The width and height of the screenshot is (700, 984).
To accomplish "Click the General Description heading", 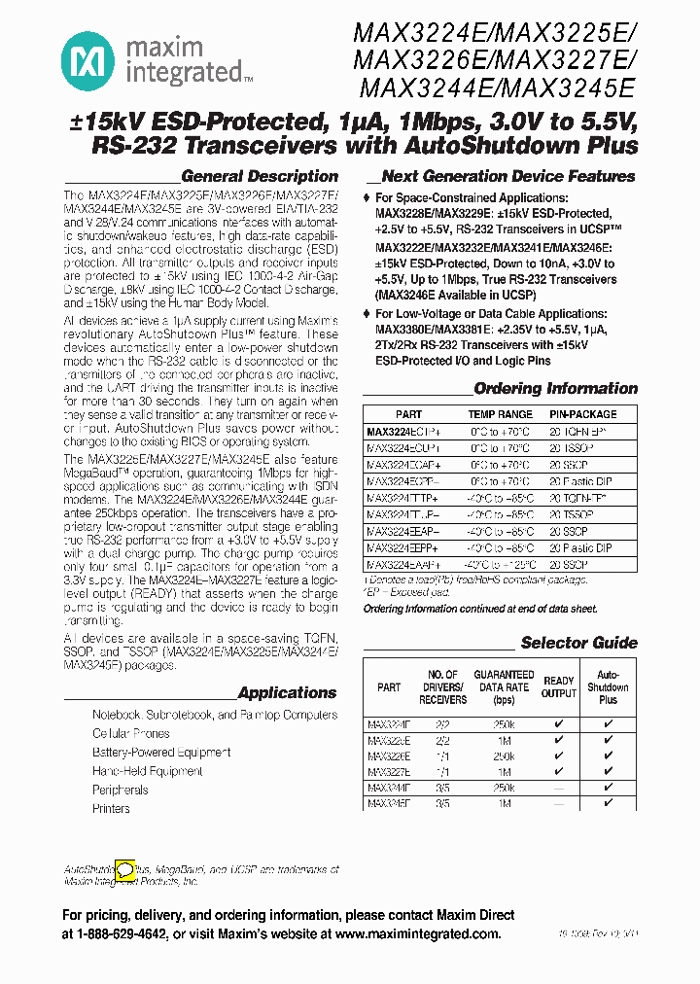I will pyautogui.click(x=260, y=177).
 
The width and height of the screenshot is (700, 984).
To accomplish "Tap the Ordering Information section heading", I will pyautogui.click(x=555, y=389).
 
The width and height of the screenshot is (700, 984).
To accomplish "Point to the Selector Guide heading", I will pyautogui.click(x=578, y=643).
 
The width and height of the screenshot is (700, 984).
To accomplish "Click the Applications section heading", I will pyautogui.click(x=287, y=693).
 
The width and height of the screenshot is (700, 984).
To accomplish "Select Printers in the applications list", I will pyautogui.click(x=111, y=808).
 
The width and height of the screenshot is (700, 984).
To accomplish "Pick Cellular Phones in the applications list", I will pyautogui.click(x=131, y=733).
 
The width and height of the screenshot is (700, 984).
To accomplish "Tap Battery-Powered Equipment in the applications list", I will pyautogui.click(x=161, y=753).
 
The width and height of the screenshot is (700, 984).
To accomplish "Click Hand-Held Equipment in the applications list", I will pyautogui.click(x=148, y=771).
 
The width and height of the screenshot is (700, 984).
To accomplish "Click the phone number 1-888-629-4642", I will pyautogui.click(x=125, y=933).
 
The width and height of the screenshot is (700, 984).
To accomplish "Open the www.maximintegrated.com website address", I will pyautogui.click(x=417, y=933).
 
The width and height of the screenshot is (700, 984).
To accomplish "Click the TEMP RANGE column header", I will pyautogui.click(x=501, y=414).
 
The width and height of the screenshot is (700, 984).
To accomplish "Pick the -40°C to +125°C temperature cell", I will pyautogui.click(x=501, y=564).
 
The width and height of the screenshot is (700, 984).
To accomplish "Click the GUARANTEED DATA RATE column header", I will pyautogui.click(x=503, y=686).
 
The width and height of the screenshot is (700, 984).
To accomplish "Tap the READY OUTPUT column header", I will pyautogui.click(x=558, y=686).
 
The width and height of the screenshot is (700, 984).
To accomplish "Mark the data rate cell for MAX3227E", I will pyautogui.click(x=503, y=771).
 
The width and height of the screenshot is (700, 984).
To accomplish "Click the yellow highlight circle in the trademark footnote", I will pyautogui.click(x=125, y=868).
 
